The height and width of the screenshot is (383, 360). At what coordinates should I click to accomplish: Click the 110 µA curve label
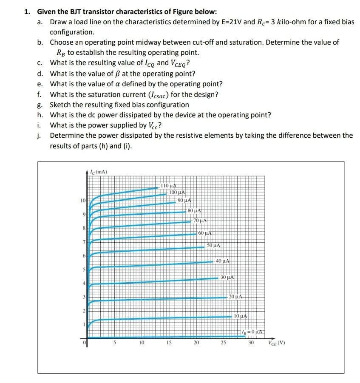(x=169, y=185)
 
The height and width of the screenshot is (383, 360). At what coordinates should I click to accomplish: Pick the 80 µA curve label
(x=194, y=210)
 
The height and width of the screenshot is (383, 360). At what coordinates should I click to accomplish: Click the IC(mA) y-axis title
(x=99, y=172)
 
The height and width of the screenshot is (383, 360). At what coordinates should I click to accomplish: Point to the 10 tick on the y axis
(x=83, y=200)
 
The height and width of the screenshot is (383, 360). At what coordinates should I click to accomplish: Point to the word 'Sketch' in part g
(x=60, y=105)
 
